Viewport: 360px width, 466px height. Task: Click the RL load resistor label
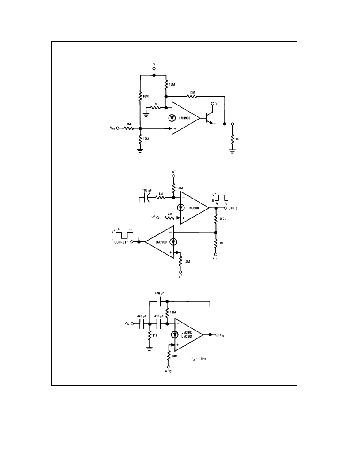[x=238, y=139]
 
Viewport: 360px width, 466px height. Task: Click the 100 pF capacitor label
[x=147, y=190]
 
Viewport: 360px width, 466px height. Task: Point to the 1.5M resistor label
[x=180, y=188]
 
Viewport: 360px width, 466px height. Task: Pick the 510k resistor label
[x=222, y=219]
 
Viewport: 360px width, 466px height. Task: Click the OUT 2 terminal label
[x=233, y=208]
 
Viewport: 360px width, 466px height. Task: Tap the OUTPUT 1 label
[x=122, y=242]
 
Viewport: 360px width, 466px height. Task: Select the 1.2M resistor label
[x=187, y=262]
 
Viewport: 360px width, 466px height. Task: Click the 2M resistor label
[x=170, y=214]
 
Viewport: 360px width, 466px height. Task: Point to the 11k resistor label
[x=155, y=335]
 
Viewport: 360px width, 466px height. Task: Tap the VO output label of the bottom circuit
[x=222, y=335]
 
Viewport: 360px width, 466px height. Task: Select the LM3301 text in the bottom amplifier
[x=187, y=336]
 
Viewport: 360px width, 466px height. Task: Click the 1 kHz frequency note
[x=201, y=359]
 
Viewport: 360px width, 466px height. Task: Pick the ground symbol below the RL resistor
[x=232, y=150]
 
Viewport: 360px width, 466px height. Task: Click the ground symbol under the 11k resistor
[x=150, y=348]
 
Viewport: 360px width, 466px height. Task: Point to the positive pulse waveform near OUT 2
[x=222, y=198]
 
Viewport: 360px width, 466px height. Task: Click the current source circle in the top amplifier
[x=172, y=118]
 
